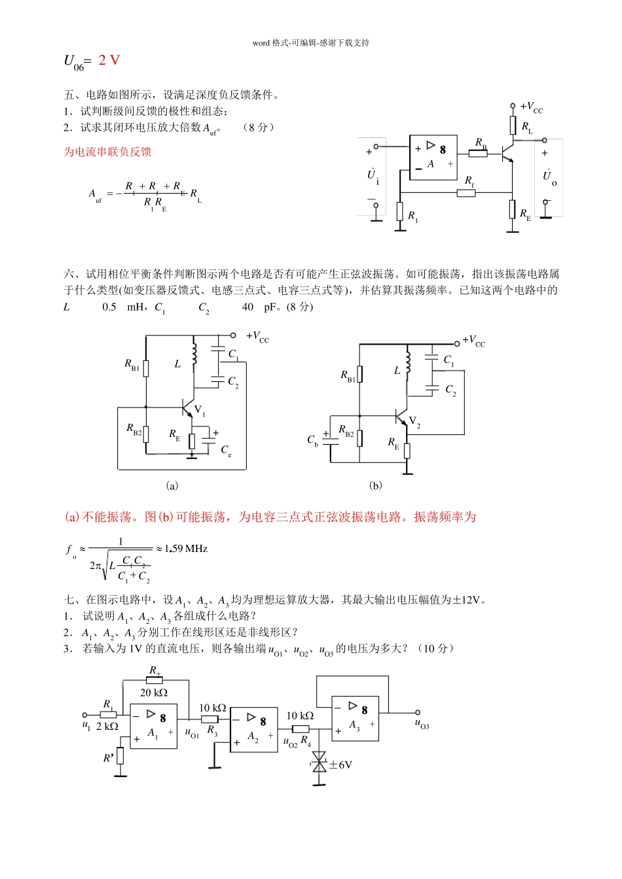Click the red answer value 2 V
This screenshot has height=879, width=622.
pyautogui.click(x=109, y=60)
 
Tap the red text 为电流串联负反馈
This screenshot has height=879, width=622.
pyautogui.click(x=107, y=152)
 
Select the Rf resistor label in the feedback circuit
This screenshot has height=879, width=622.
pyautogui.click(x=469, y=181)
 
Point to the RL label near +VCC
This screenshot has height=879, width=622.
pyautogui.click(x=527, y=127)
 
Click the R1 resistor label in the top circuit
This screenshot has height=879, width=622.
pyautogui.click(x=412, y=216)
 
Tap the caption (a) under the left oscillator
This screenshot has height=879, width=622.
pyautogui.click(x=172, y=485)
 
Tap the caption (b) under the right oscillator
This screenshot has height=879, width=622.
pyautogui.click(x=376, y=485)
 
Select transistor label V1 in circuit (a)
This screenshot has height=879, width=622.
pyautogui.click(x=200, y=411)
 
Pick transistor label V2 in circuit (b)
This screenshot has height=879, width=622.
pyautogui.click(x=414, y=422)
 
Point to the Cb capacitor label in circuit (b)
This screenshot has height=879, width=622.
pyautogui.click(x=313, y=440)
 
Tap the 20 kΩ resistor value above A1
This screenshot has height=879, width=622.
pyautogui.click(x=154, y=693)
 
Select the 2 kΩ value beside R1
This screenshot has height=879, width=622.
pyautogui.click(x=107, y=727)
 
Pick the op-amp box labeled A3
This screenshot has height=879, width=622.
pyautogui.click(x=356, y=718)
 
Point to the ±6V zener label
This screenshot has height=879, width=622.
pyautogui.click(x=340, y=765)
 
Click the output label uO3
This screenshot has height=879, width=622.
pyautogui.click(x=422, y=723)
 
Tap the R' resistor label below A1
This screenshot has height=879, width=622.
pyautogui.click(x=109, y=758)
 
